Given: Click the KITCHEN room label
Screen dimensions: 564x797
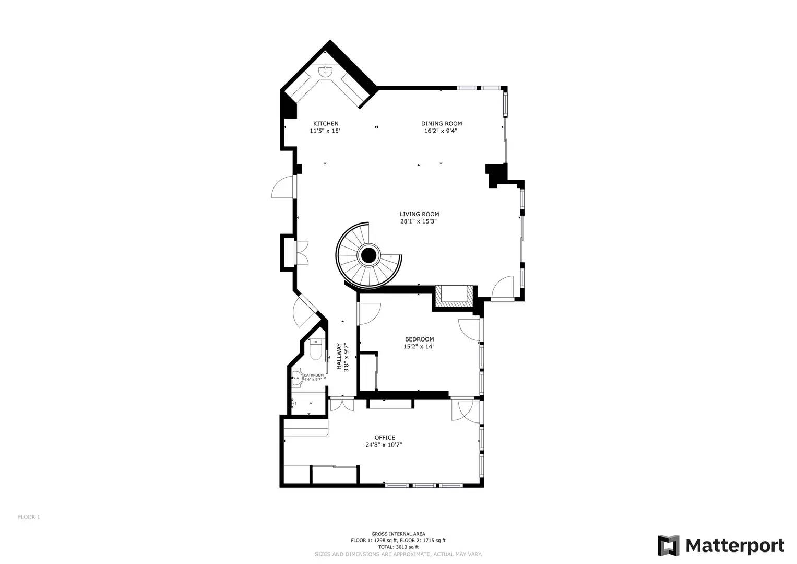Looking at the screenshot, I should pyautogui.click(x=325, y=124).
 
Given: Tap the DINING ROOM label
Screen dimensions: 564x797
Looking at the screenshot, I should pyautogui.click(x=442, y=124).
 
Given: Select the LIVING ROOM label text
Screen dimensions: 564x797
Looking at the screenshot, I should pyautogui.click(x=419, y=214).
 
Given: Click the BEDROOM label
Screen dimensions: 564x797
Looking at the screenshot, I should pyautogui.click(x=419, y=339).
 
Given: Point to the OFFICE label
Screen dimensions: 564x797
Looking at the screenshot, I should pyautogui.click(x=385, y=438).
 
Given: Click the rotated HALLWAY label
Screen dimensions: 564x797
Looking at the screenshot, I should pyautogui.click(x=339, y=356).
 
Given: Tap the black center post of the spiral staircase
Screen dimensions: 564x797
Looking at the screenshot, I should pyautogui.click(x=368, y=256).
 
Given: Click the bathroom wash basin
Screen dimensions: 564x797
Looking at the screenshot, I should pyautogui.click(x=296, y=378).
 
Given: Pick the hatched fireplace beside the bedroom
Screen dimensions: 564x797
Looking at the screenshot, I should pyautogui.click(x=453, y=296).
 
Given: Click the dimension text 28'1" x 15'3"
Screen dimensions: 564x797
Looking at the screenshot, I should pyautogui.click(x=418, y=221).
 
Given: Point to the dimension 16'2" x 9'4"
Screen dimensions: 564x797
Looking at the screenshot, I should pyautogui.click(x=442, y=131).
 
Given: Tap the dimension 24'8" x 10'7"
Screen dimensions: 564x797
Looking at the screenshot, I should pyautogui.click(x=384, y=445).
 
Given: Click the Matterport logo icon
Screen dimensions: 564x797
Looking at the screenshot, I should pyautogui.click(x=669, y=546).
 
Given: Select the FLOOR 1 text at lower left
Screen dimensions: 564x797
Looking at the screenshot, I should pyautogui.click(x=29, y=517).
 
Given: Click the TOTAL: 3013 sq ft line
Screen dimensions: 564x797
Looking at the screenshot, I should pyautogui.click(x=398, y=547).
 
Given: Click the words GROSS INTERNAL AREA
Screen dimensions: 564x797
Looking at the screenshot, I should pyautogui.click(x=398, y=534).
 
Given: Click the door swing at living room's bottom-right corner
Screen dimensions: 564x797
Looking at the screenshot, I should pyautogui.click(x=503, y=288).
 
